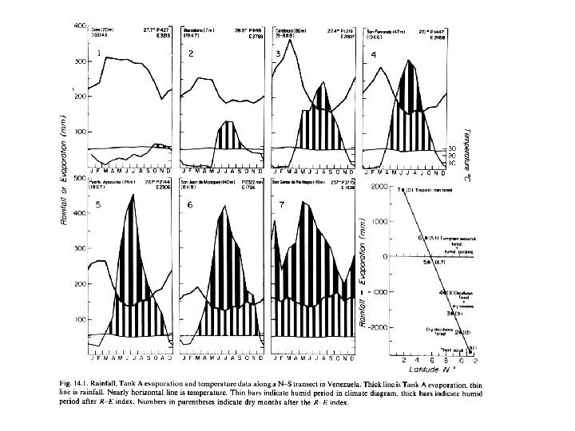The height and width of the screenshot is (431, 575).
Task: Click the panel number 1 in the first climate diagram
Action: pyautogui.click(x=99, y=53)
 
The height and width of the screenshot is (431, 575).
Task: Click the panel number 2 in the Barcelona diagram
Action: pyautogui.click(x=191, y=53)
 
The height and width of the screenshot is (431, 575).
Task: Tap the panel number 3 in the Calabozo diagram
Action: pyautogui.click(x=277, y=53)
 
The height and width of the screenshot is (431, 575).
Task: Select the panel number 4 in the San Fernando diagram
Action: pyautogui.click(x=375, y=55)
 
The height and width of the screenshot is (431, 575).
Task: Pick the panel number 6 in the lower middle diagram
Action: pyautogui.click(x=189, y=205)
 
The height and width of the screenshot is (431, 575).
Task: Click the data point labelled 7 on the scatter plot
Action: pyautogui.click(x=399, y=189)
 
